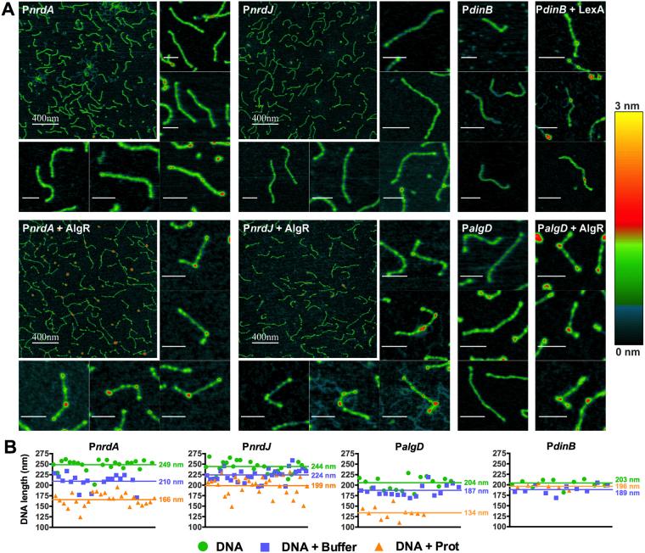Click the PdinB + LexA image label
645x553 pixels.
tap(570, 10)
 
